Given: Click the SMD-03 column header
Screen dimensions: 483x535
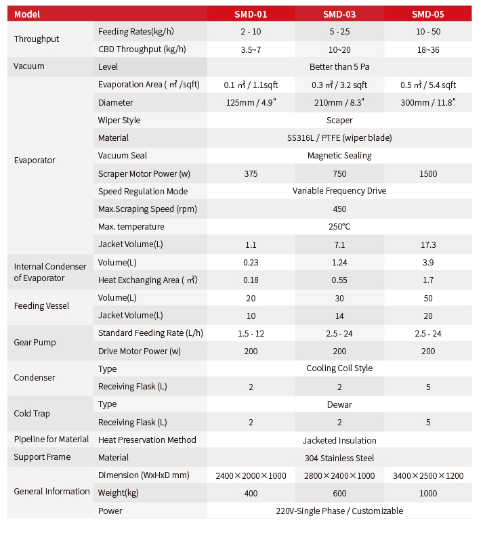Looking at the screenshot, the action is (x=339, y=14).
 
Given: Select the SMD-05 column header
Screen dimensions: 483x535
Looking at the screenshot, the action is (x=427, y=14).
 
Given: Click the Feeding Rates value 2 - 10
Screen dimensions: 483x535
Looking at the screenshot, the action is (x=251, y=32).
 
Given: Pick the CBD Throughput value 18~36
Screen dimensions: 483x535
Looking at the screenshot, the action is (x=428, y=50).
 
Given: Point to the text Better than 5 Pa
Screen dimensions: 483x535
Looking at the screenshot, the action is (x=339, y=67).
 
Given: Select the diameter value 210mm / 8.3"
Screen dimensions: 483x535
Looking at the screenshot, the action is (x=339, y=102).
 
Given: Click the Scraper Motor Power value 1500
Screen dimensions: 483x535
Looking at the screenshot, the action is (x=428, y=173).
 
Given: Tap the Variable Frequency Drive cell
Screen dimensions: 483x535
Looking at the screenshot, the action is (x=339, y=191).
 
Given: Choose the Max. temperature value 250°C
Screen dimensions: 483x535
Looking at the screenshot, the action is (x=339, y=227).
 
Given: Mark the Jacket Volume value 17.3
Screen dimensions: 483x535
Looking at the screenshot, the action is (x=428, y=244).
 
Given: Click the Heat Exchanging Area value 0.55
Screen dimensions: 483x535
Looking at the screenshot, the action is (x=339, y=280).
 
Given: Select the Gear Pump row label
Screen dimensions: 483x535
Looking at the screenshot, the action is (x=35, y=343).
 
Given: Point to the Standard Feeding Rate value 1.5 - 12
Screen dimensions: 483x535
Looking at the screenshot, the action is (x=251, y=334).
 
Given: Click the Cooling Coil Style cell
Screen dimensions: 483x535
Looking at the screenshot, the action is (x=339, y=368).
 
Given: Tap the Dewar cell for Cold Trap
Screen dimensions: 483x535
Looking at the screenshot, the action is (x=339, y=405).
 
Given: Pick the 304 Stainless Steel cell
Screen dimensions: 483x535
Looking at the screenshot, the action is (x=339, y=458).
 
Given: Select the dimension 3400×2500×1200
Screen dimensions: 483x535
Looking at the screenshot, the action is (x=428, y=475).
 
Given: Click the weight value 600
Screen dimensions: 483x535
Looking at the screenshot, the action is (x=339, y=494).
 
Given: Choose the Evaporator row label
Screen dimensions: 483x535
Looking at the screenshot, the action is (x=35, y=160).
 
